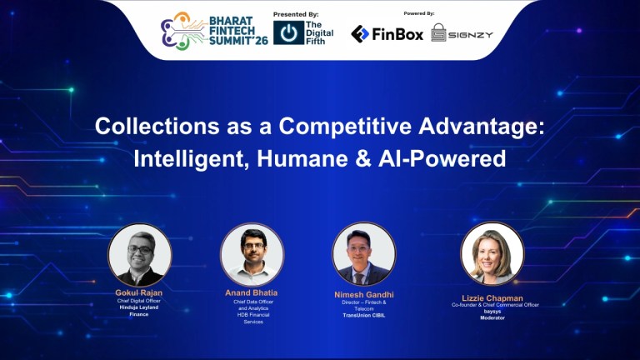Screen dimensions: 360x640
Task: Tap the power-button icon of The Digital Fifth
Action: (288, 32)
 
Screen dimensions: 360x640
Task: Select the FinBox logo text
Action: (397, 33)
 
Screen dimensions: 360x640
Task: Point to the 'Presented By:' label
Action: (296, 14)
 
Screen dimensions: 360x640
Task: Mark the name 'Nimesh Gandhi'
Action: (364, 294)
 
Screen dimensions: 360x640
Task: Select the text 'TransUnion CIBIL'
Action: (364, 315)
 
